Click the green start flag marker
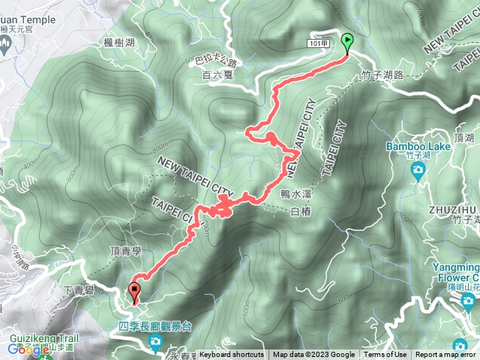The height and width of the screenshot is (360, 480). (348, 42)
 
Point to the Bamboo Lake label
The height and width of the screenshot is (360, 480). (418, 146)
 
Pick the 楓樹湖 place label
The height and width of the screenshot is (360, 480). (119, 44)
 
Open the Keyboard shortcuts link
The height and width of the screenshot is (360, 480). (232, 355)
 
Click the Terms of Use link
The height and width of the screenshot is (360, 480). (385, 355)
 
